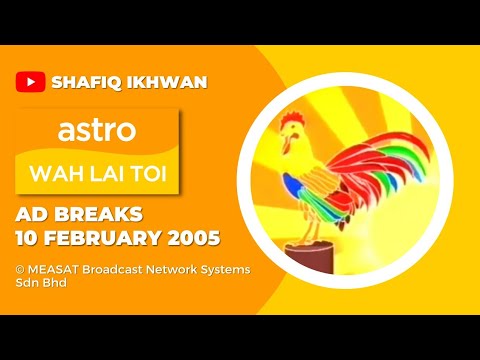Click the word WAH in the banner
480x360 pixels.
tap(62, 175)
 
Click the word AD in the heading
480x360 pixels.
tap(33, 216)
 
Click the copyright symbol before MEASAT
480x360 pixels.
tap(20, 270)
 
